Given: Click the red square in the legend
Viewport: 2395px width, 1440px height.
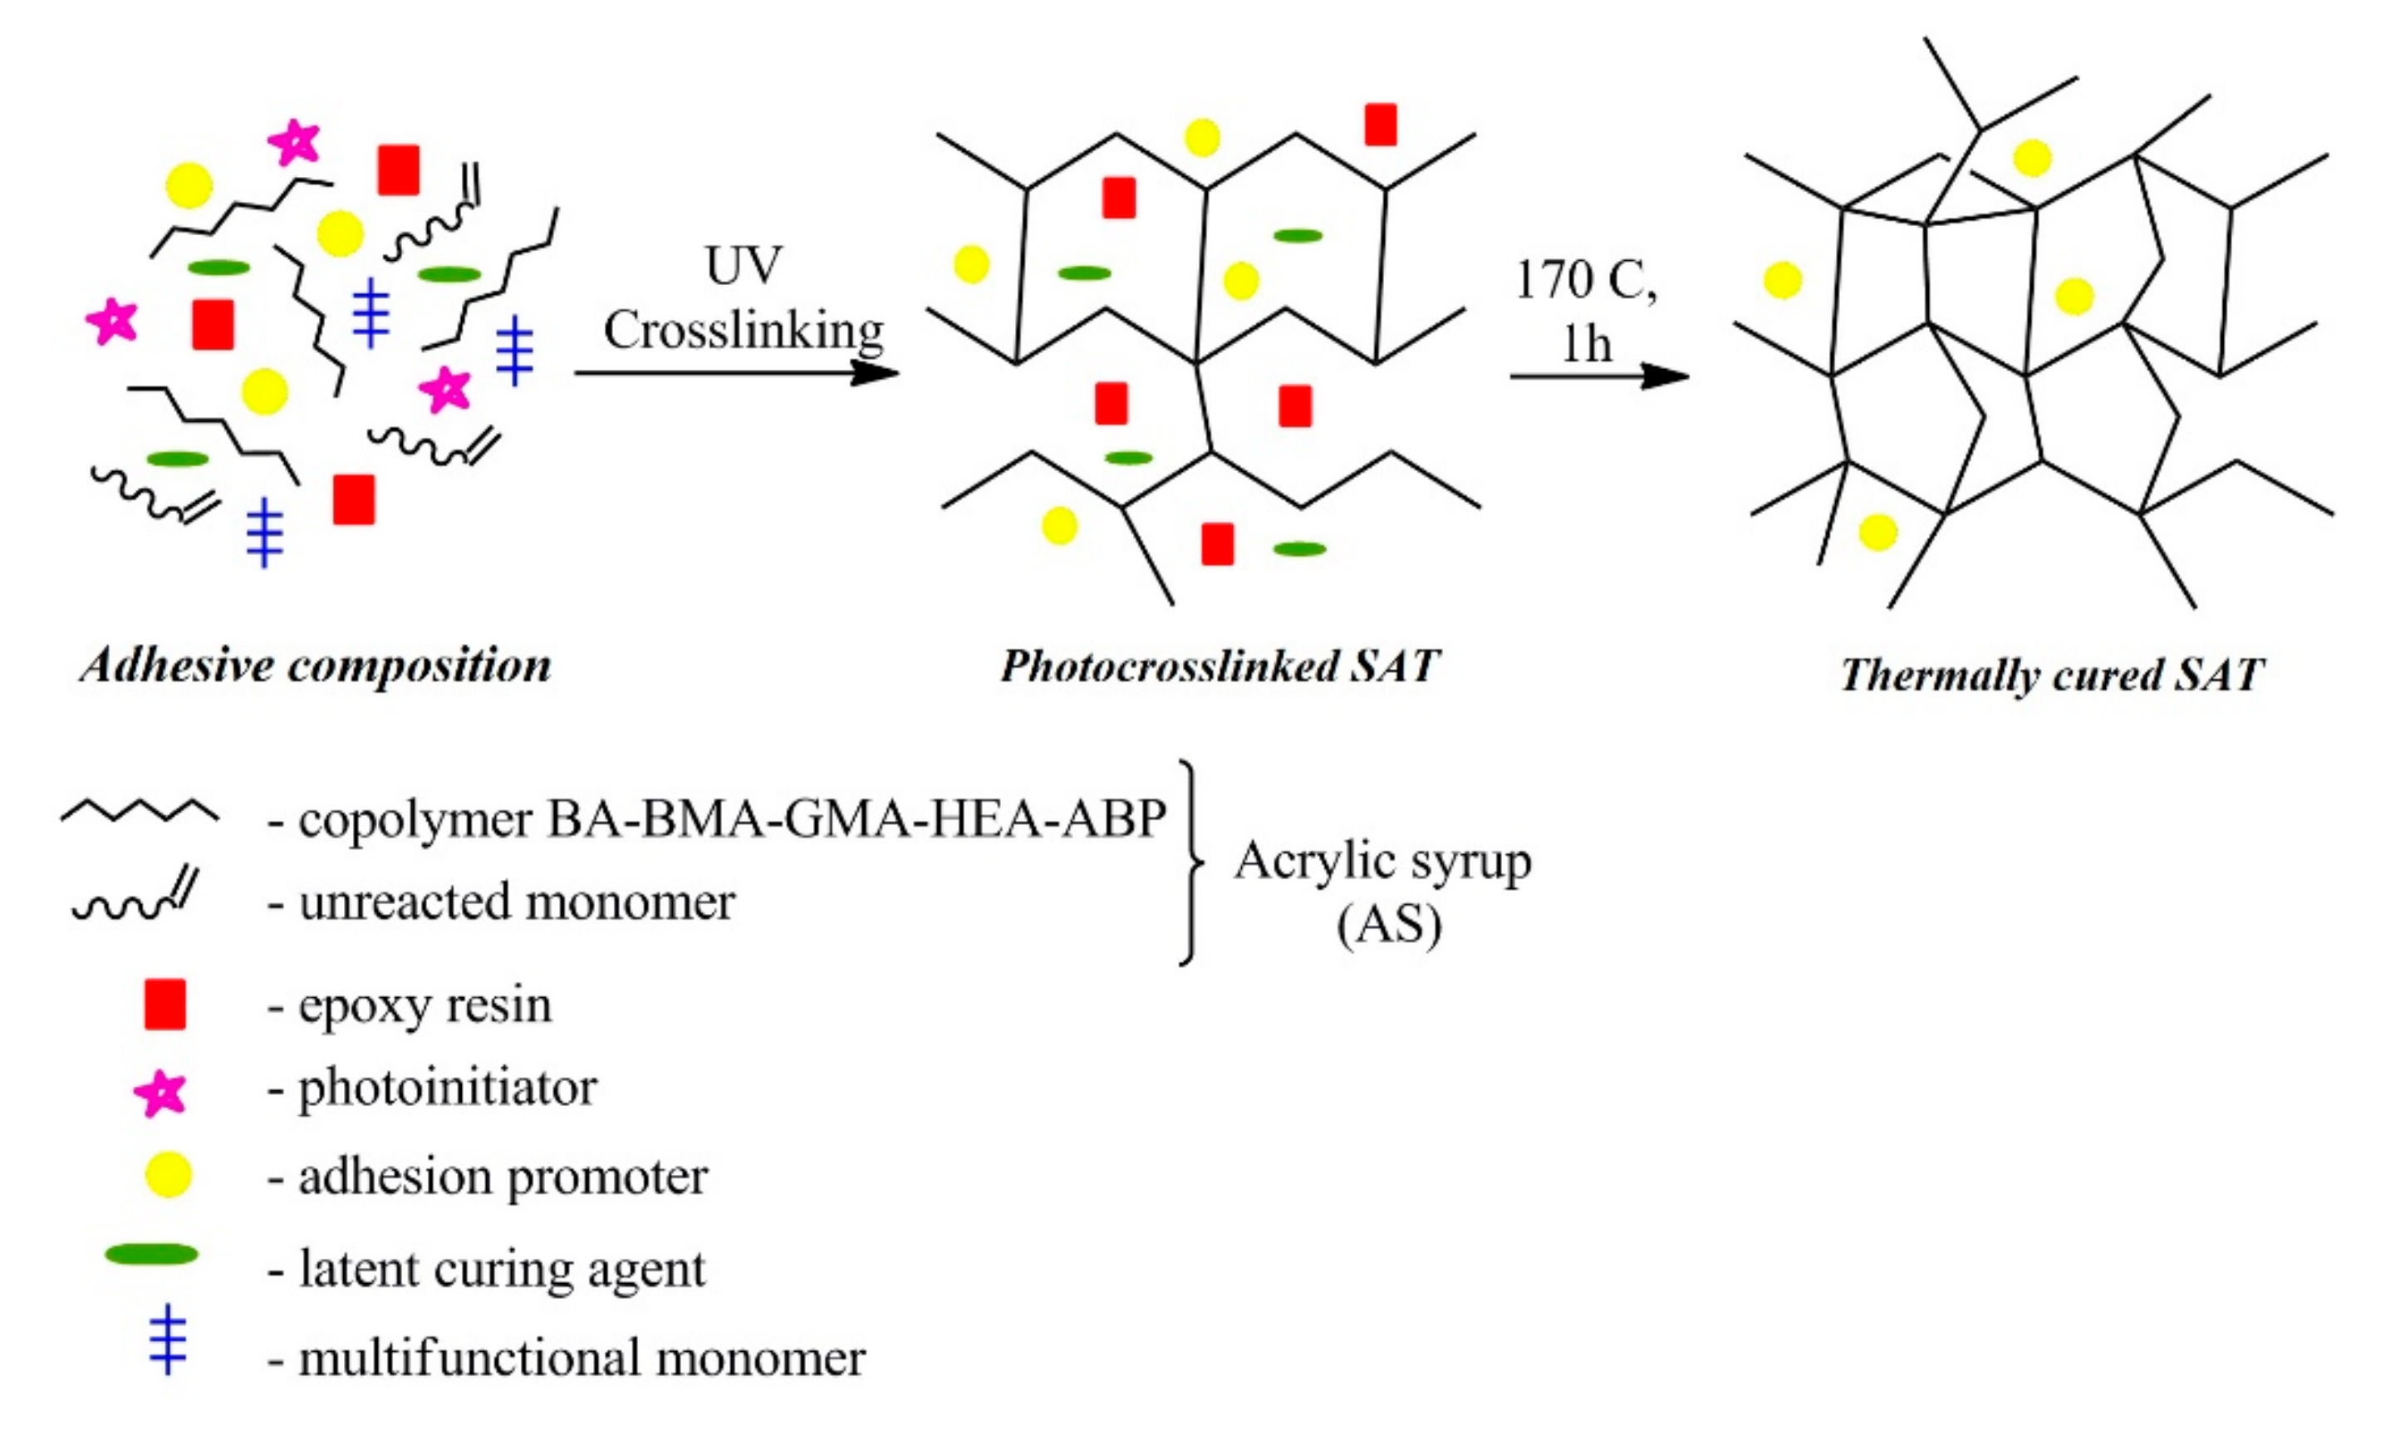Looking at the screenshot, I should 165,1005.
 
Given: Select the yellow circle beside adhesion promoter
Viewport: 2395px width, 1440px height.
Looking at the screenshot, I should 168,1174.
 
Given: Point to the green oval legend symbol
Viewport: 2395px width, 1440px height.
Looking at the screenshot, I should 151,1255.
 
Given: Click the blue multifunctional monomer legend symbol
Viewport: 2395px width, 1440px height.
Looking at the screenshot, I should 168,1339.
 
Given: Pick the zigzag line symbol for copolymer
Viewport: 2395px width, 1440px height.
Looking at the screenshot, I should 140,811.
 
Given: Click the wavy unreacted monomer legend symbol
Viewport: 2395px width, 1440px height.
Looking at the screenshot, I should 135,897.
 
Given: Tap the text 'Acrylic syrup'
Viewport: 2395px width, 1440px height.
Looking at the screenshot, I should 1382,862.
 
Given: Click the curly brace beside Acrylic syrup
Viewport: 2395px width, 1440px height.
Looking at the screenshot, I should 1191,862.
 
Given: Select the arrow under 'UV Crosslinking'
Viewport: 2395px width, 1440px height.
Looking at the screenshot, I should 737,371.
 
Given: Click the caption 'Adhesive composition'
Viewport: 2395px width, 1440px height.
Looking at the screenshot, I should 315,666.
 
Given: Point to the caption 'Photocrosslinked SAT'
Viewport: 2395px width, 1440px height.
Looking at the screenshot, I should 1220,666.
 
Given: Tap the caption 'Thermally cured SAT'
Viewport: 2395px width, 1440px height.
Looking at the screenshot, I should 2052,675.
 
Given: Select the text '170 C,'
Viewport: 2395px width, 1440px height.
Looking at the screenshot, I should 1586,280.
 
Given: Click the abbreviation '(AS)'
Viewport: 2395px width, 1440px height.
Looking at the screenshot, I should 1389,925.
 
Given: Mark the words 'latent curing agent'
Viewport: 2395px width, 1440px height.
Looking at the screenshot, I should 503,1268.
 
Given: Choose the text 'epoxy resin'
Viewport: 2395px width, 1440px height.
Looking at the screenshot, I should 425,1005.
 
